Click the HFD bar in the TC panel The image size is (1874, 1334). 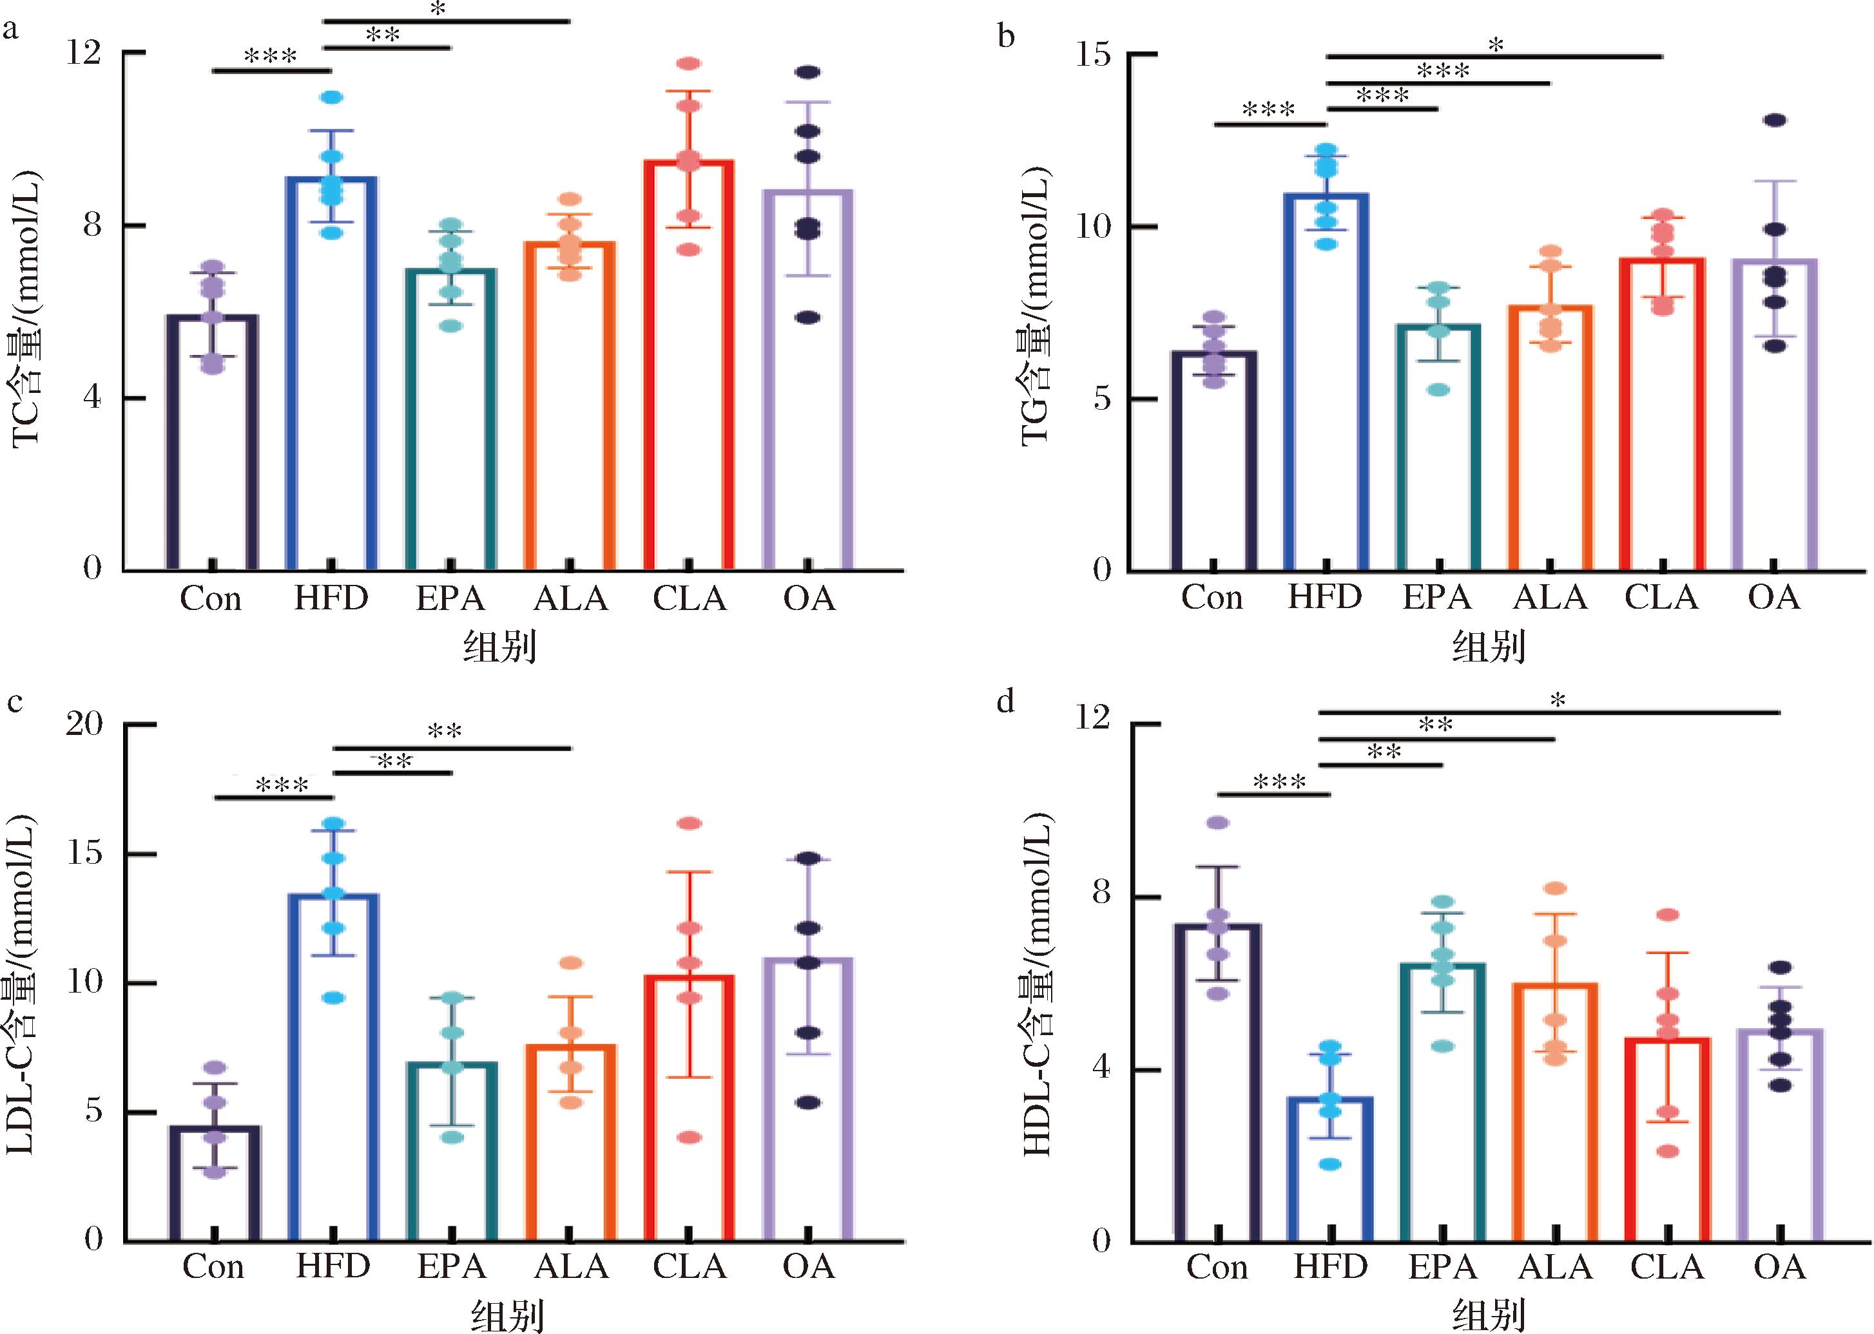point(331,374)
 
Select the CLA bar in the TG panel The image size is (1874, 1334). point(1662,415)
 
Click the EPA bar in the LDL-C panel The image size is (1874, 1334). point(452,1150)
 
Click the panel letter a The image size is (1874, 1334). point(11,31)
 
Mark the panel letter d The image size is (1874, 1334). point(1005,701)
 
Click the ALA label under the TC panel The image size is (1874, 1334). point(570,599)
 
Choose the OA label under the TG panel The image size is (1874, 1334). point(1773,597)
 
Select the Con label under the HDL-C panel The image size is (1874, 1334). point(1217,1266)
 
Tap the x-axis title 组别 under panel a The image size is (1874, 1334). point(500,648)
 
